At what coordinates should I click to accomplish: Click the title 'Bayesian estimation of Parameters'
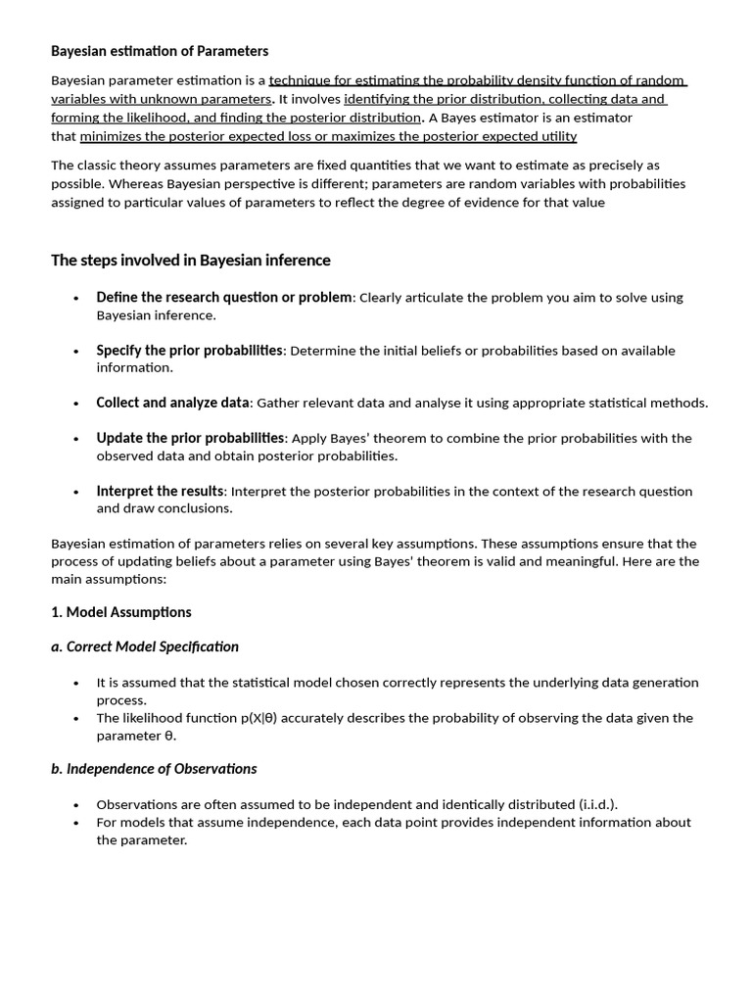160,51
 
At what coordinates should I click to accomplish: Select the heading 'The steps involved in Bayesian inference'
191,261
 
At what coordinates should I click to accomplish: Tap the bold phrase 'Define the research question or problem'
223,298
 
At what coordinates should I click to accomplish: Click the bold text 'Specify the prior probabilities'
189,351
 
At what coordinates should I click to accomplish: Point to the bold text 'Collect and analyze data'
173,403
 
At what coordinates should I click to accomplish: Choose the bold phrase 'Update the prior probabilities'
190,438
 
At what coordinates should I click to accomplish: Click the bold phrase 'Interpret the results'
161,491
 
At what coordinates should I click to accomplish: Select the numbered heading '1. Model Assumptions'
121,612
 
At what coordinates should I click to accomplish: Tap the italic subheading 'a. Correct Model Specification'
145,646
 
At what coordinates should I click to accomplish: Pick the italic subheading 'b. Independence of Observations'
154,769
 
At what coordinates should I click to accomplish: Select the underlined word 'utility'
556,136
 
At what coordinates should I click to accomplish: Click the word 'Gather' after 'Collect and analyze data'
278,404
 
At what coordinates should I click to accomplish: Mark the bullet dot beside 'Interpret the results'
76,492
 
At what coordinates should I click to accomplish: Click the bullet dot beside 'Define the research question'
76,298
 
